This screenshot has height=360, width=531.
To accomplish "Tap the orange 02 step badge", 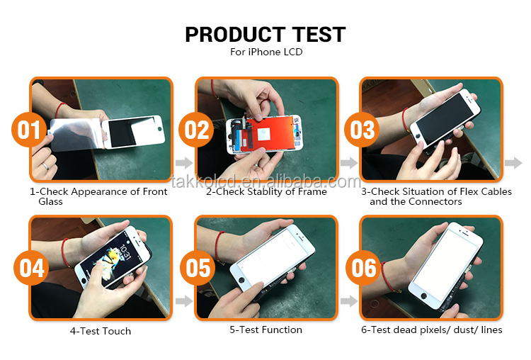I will pyautogui.click(x=195, y=130).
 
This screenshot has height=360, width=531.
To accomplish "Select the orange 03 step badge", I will pyautogui.click(x=362, y=130).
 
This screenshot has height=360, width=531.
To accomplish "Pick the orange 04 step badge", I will pyautogui.click(x=30, y=268).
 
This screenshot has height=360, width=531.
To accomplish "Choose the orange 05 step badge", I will pyautogui.click(x=195, y=268).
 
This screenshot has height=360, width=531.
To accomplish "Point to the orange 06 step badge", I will pyautogui.click(x=362, y=268).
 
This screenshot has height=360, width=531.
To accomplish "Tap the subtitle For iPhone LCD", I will pyautogui.click(x=265, y=52).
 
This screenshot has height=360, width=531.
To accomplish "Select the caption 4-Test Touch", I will pyautogui.click(x=100, y=331).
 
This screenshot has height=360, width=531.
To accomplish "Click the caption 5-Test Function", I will pyautogui.click(x=266, y=330).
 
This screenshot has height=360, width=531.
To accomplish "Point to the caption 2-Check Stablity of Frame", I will pyautogui.click(x=266, y=191).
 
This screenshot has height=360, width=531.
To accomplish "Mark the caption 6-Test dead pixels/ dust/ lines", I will pyautogui.click(x=433, y=330).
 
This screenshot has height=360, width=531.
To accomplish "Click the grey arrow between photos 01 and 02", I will pyautogui.click(x=183, y=163).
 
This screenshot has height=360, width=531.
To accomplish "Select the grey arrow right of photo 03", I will pyautogui.click(x=513, y=163).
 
